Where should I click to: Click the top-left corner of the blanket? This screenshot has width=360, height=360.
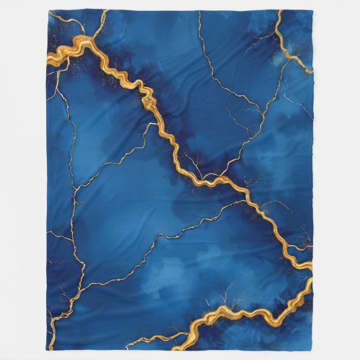[x=48, y=10]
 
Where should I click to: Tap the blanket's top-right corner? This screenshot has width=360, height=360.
[x=312, y=10]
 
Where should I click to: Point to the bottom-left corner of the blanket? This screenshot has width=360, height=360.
[x=49, y=350]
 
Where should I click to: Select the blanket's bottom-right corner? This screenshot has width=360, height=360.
[x=312, y=350]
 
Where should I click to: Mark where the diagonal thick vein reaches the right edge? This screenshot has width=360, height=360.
[x=312, y=266]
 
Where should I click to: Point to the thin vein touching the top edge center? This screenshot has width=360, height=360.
[x=198, y=11]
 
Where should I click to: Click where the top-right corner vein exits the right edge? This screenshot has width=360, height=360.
[x=312, y=72]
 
